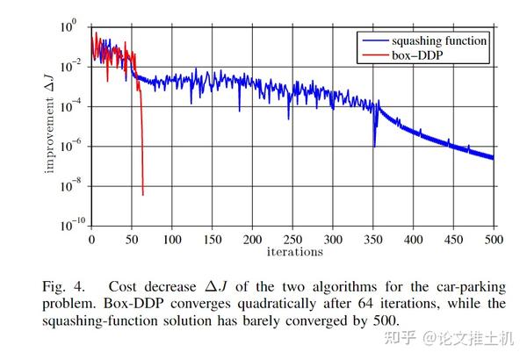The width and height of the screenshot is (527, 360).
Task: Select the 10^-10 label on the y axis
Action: pyautogui.click(x=70, y=226)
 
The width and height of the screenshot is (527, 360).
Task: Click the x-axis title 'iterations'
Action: pyautogui.click(x=293, y=252)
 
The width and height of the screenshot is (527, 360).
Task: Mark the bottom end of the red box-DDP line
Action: pyautogui.click(x=142, y=194)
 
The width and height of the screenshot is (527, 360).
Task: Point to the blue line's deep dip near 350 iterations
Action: pyautogui.click(x=375, y=147)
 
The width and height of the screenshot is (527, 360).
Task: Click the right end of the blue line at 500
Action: pyautogui.click(x=493, y=158)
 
